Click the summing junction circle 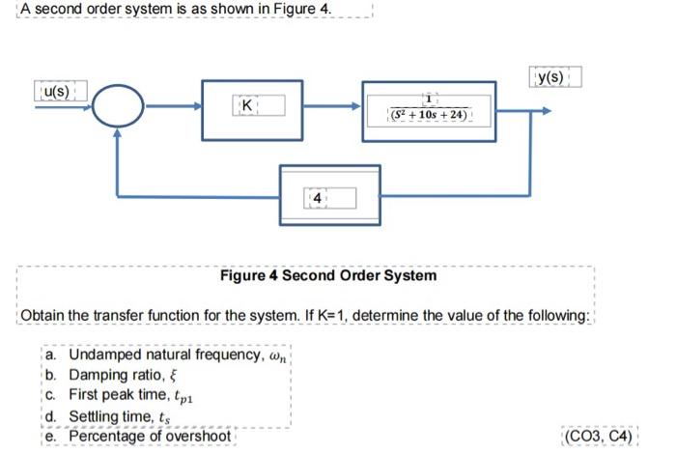pyautogui.click(x=118, y=111)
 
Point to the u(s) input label pyautogui.click(x=60, y=92)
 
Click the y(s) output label pyautogui.click(x=554, y=76)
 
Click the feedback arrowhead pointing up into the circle pyautogui.click(x=118, y=137)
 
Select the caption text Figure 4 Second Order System pyautogui.click(x=328, y=275)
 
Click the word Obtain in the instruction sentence pyautogui.click(x=44, y=317)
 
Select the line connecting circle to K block pyautogui.click(x=174, y=111)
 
